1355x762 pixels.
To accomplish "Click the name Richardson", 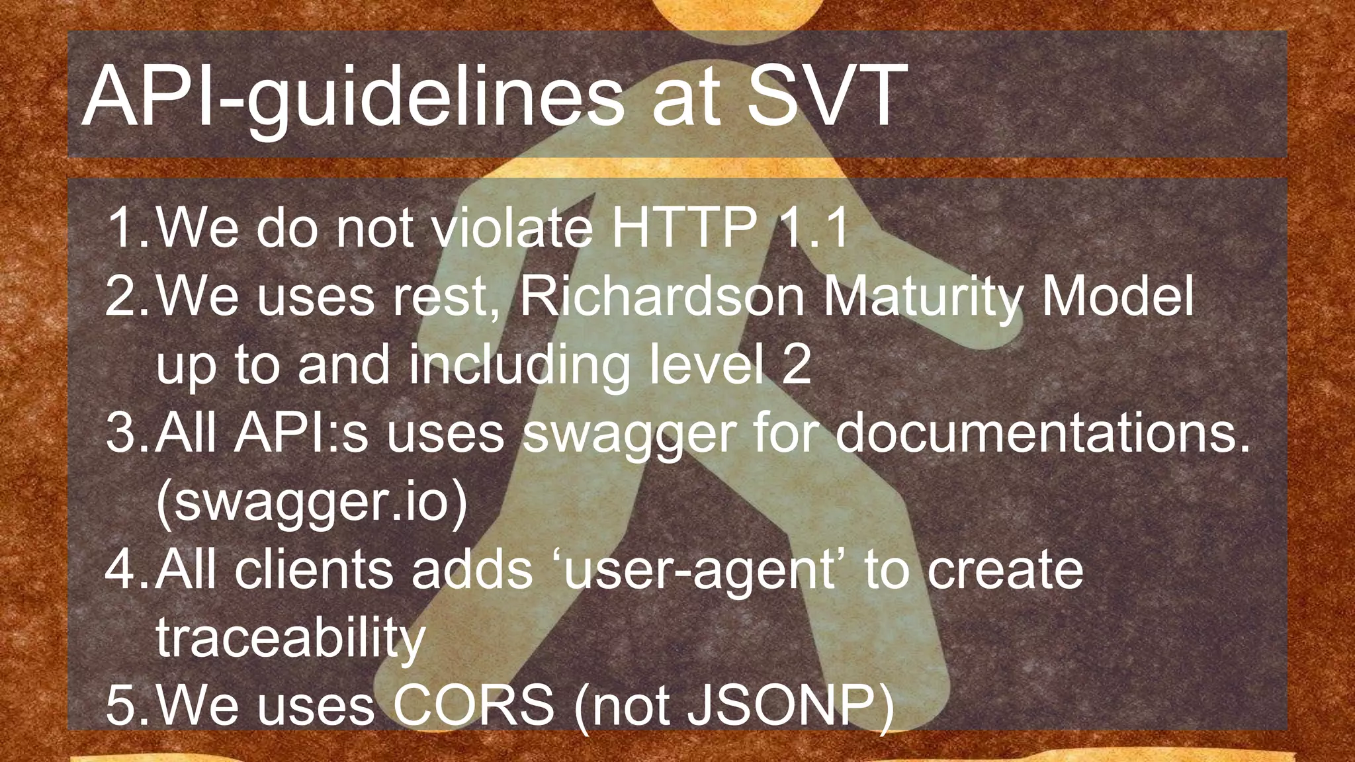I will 662,296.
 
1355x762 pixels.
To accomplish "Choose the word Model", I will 1118,296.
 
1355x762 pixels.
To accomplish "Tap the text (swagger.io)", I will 312,504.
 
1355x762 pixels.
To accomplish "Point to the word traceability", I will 290,639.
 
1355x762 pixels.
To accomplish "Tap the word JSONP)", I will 791,706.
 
